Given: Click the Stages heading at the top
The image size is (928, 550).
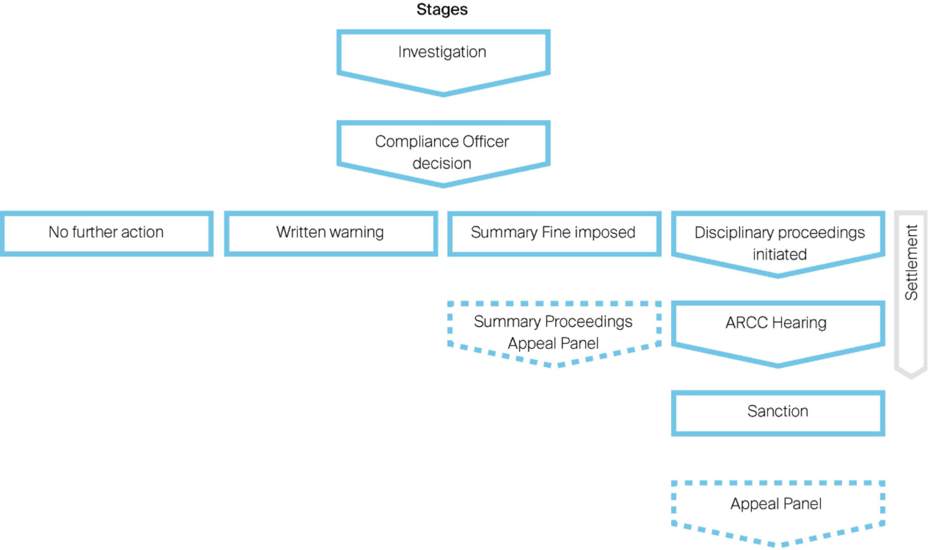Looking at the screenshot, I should [x=442, y=9].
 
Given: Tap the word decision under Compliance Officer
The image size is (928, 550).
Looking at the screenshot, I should [x=442, y=164].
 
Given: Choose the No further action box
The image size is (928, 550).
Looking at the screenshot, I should [x=106, y=233].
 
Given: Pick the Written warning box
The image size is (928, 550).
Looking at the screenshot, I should [x=330, y=233].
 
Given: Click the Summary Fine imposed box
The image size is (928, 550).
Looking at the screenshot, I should [x=553, y=233].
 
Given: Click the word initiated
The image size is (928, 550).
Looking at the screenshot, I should [x=779, y=254].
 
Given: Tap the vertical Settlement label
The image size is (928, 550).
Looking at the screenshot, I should [x=911, y=262].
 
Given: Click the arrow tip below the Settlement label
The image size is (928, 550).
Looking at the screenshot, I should [x=911, y=375].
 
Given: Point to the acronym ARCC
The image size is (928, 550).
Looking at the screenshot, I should [x=746, y=322].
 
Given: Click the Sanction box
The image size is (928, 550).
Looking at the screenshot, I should [x=778, y=412].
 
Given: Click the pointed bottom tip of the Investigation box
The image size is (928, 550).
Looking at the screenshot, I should [x=443, y=93].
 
